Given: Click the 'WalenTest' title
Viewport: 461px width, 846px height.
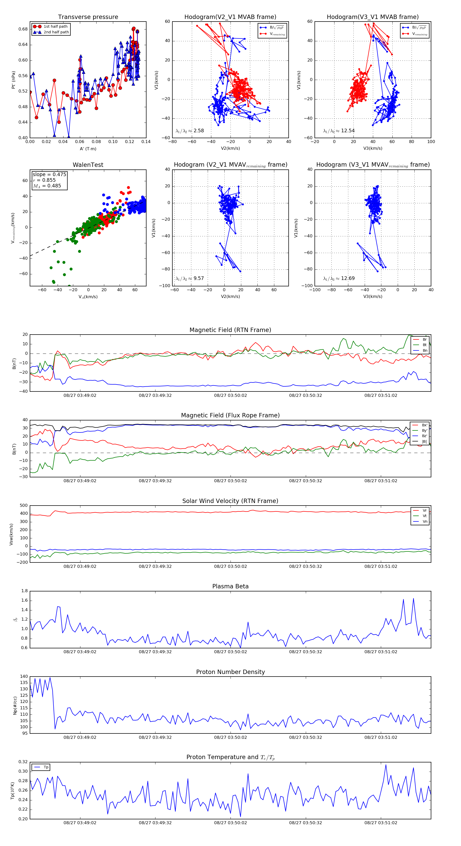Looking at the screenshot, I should pyautogui.click(x=88, y=165).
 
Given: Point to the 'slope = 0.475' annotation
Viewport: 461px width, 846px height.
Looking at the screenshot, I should pyautogui.click(x=49, y=174).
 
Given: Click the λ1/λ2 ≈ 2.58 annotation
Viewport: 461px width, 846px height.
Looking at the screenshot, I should pyautogui.click(x=190, y=131).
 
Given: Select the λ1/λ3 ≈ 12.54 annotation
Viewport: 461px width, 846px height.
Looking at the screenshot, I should pyautogui.click(x=339, y=131).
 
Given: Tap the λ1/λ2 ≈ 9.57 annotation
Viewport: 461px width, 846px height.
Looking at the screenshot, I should pyautogui.click(x=190, y=278).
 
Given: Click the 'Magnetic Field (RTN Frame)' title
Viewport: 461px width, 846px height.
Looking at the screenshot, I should pyautogui.click(x=230, y=330).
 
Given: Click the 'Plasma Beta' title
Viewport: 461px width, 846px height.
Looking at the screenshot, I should pyautogui.click(x=230, y=587).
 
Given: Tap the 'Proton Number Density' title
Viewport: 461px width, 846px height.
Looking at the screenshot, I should pyautogui.click(x=230, y=672).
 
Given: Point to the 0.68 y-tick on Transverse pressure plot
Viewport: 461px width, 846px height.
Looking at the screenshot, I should pyautogui.click(x=23, y=29).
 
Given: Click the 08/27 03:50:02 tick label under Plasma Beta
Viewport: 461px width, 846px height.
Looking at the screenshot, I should pyautogui.click(x=230, y=652).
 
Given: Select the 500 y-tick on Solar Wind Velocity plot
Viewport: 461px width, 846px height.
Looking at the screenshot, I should pyautogui.click(x=24, y=506).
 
